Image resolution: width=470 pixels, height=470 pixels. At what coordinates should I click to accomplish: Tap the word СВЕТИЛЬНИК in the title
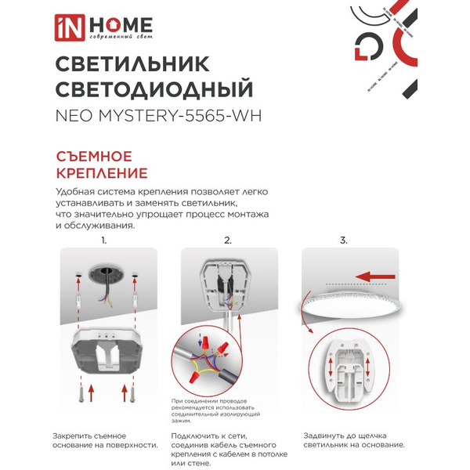[x=125, y=63]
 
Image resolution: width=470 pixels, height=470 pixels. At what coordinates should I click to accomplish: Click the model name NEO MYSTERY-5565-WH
[x=158, y=116]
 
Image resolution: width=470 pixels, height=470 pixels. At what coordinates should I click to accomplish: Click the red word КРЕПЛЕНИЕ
[x=103, y=172]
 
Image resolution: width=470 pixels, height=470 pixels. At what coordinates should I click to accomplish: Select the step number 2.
[x=228, y=240]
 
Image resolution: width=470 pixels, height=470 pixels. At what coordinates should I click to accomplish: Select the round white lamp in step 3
[x=349, y=309]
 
